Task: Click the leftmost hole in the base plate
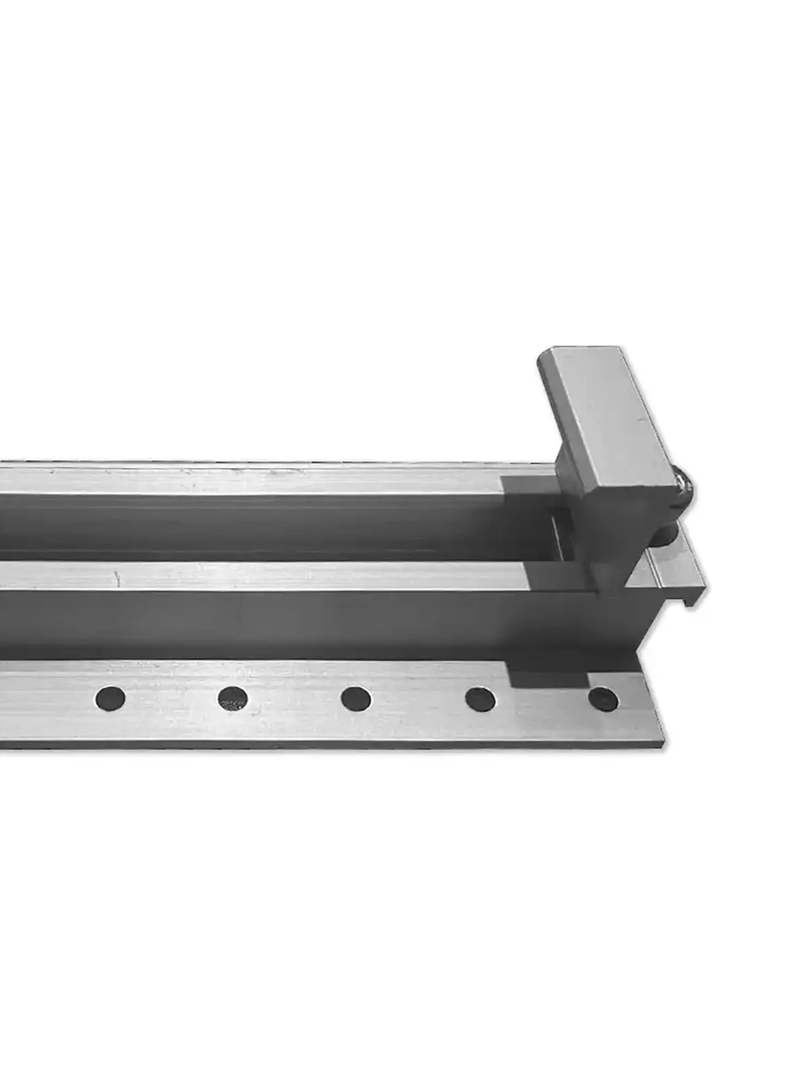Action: click(x=110, y=697)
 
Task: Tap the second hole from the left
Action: click(x=233, y=699)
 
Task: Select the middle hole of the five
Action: click(x=356, y=699)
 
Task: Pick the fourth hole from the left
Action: click(x=480, y=699)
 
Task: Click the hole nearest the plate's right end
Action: click(x=603, y=699)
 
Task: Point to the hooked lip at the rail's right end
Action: click(x=693, y=592)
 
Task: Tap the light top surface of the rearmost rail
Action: click(x=269, y=479)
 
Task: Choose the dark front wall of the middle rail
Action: click(x=269, y=622)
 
